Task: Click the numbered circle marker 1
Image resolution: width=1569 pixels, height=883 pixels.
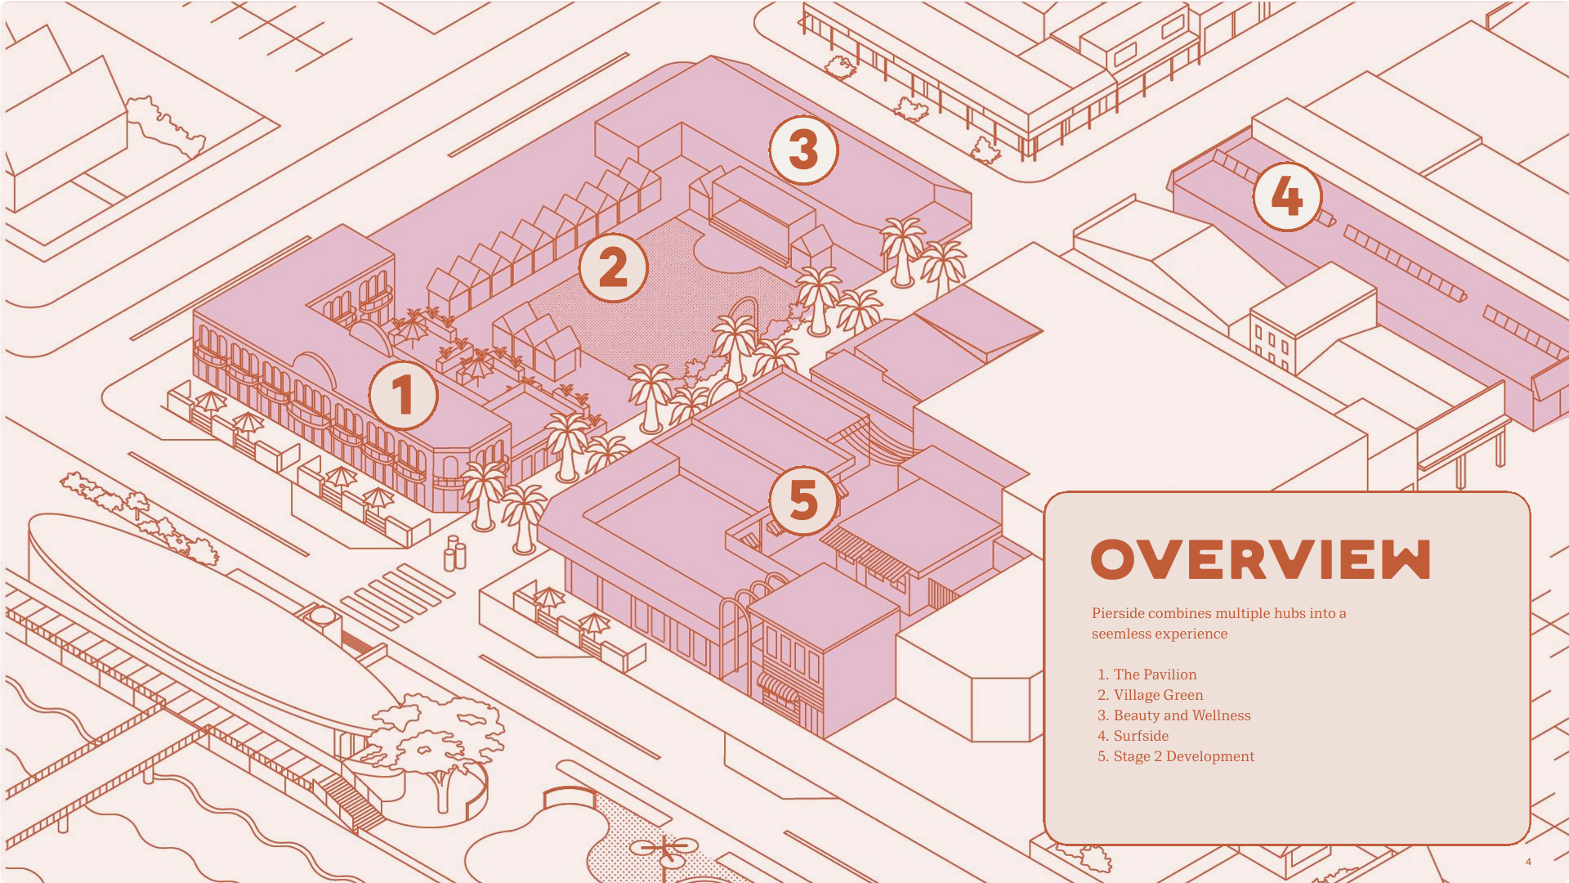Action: [403, 396]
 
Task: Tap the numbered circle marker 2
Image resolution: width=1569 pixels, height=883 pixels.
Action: [613, 267]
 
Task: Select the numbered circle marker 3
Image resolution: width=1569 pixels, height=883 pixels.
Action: [803, 150]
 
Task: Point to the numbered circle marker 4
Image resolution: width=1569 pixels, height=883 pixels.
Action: [1287, 196]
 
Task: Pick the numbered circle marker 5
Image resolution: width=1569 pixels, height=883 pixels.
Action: [803, 500]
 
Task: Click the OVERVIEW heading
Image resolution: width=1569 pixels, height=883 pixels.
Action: [1260, 560]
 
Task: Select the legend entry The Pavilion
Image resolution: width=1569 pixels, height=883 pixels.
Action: [1154, 675]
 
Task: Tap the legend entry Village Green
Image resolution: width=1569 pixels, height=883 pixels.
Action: [1157, 695]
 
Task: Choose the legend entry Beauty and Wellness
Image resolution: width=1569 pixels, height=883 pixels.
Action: [1181, 715]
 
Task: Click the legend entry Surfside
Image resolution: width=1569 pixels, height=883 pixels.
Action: [1140, 736]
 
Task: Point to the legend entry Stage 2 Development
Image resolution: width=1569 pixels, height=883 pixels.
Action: [1182, 756]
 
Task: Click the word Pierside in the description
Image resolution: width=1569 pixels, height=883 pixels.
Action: [1118, 613]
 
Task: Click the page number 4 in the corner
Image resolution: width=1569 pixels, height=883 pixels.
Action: [1528, 862]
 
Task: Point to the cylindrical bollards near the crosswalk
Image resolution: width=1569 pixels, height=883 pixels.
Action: [454, 554]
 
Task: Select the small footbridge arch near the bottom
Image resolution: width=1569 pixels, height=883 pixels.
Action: [570, 795]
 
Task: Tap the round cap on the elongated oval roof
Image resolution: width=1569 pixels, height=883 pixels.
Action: [322, 615]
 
